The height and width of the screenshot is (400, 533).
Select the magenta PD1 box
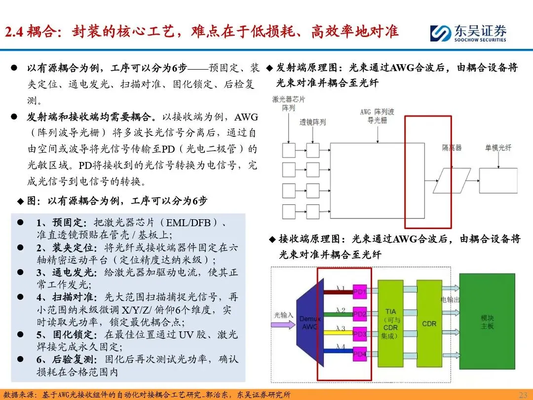360,292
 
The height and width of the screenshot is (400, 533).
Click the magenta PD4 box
360,355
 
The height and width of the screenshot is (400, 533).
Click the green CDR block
429,323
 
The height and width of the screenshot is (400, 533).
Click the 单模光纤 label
498,148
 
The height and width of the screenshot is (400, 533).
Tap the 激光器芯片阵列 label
289,103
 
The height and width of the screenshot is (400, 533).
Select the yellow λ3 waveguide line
338,333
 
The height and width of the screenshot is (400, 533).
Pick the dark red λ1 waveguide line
338,292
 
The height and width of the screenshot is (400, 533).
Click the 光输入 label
283,315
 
